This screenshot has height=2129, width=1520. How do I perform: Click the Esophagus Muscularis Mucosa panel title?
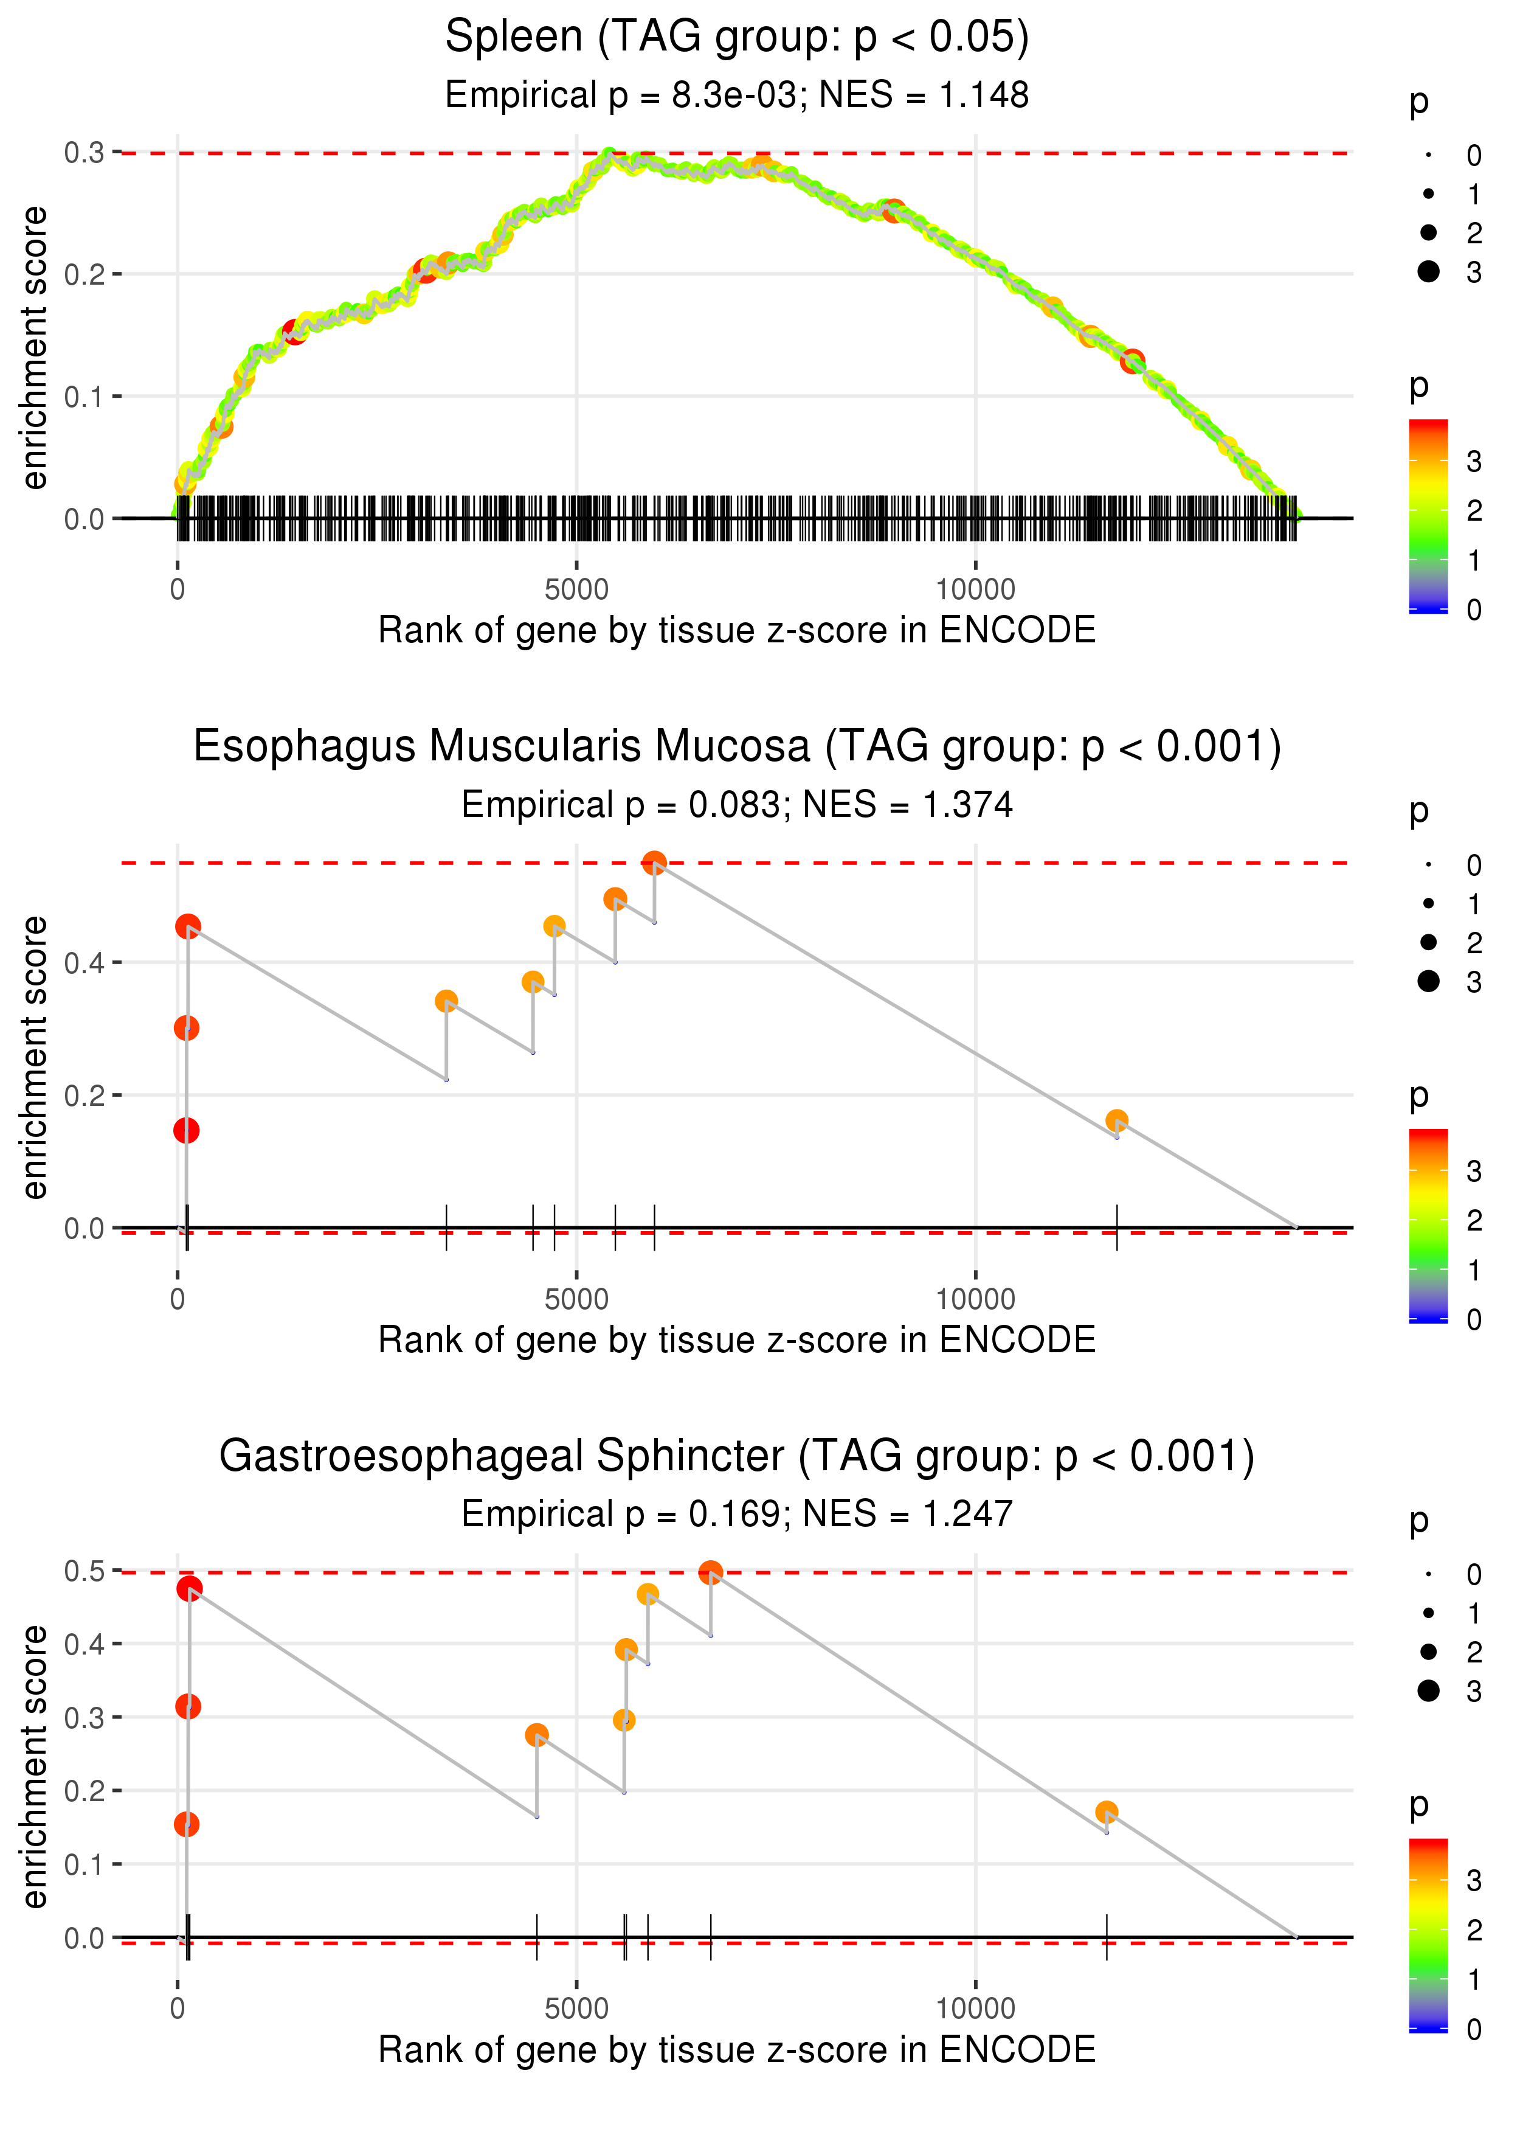coord(737,747)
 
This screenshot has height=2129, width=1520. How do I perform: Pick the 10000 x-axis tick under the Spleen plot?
coord(975,590)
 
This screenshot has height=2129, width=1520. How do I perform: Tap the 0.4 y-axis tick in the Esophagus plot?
coord(85,962)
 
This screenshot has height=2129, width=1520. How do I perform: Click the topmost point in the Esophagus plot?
coord(654,863)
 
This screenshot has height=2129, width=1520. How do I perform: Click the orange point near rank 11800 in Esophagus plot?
coord(1117,1120)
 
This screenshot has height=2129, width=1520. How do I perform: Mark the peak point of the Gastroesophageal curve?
coord(710,1572)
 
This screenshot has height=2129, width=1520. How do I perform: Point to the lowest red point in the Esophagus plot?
coord(186,1131)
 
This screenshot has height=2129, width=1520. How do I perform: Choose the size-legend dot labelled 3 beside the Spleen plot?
coord(1428,271)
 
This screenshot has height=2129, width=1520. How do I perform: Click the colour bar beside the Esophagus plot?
coord(1428,1224)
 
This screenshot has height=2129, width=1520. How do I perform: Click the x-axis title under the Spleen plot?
coord(737,631)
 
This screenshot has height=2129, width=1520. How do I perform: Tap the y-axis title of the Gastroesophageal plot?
coord(35,1766)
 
